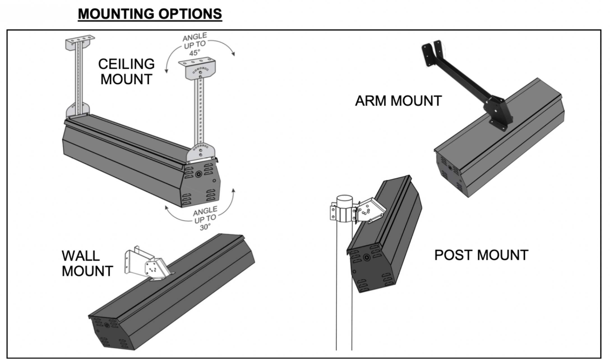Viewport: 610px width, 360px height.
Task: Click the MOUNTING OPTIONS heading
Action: (x=150, y=14)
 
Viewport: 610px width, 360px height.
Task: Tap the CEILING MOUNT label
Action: (x=126, y=71)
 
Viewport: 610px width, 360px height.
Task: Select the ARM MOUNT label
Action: (x=398, y=101)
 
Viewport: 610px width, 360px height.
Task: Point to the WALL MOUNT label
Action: (x=87, y=263)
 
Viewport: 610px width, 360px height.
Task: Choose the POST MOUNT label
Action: (x=481, y=255)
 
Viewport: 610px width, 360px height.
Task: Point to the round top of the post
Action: (x=344, y=199)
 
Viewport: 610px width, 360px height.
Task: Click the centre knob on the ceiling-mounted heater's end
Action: (x=199, y=174)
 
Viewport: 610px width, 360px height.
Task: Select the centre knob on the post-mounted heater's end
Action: (x=366, y=257)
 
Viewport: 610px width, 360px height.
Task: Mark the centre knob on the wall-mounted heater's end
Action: (x=107, y=325)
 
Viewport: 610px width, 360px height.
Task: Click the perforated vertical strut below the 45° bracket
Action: (x=200, y=112)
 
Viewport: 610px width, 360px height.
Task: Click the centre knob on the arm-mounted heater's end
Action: (x=450, y=168)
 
